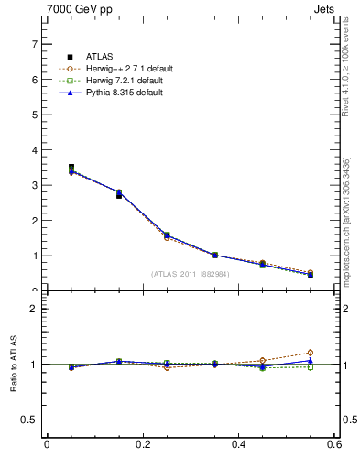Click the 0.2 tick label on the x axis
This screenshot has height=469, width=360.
143,445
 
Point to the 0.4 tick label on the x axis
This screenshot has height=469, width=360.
239,445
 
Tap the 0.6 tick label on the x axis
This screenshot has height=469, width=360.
334,445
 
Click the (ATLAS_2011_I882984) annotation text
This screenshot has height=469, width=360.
190,274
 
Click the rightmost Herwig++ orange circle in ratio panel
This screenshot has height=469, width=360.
311,353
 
